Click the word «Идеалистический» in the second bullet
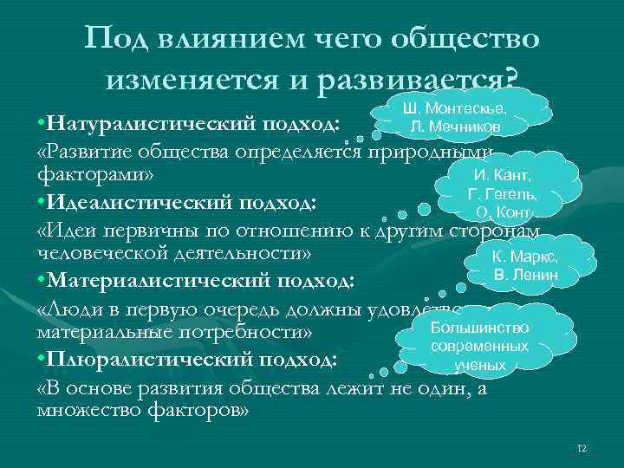pos(135,204)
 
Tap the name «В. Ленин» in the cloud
pos(525,276)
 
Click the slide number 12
pos(582,448)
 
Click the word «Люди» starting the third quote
pos(75,309)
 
